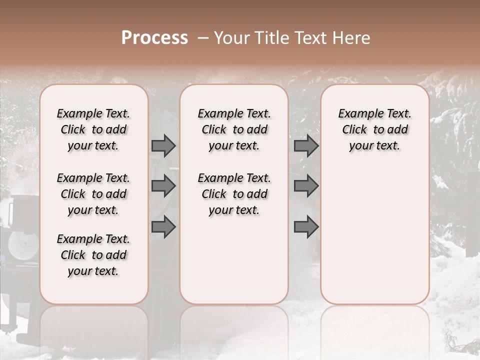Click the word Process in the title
pos(154,38)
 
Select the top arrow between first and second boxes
pos(163,146)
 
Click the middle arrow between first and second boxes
pos(163,186)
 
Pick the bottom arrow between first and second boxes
pos(163,227)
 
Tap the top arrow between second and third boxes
pos(306,146)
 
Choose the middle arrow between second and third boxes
pos(306,186)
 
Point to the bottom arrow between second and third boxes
pos(306,227)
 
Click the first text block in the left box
pos(93,129)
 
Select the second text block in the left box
pos(93,194)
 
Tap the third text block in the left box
pos(93,255)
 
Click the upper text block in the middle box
pos(234,129)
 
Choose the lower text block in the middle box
pos(234,194)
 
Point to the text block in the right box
pos(374,129)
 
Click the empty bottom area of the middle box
pos(234,265)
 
